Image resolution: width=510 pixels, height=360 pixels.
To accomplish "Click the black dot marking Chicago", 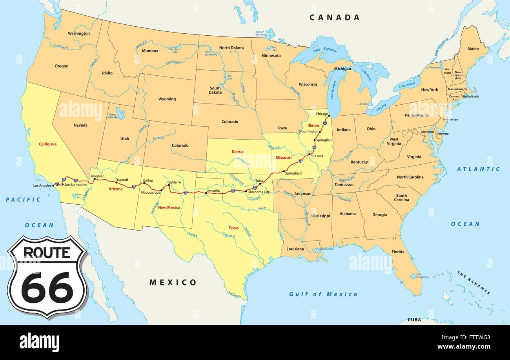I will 329,116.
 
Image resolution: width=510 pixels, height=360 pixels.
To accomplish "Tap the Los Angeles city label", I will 42,185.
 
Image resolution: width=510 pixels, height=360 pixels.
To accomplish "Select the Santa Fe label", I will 175,182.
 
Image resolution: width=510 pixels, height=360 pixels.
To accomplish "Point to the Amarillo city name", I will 213,191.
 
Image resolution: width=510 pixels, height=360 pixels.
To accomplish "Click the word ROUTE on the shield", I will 47,252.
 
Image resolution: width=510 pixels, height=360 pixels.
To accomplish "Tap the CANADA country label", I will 334,17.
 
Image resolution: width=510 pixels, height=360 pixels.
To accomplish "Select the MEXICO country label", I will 173,282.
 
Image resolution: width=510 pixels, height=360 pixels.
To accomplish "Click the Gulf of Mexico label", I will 323,294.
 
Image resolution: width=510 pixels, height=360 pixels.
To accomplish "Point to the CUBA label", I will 414,320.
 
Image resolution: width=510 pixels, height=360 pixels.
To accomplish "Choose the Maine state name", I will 473,49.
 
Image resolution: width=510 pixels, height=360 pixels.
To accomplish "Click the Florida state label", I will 398,252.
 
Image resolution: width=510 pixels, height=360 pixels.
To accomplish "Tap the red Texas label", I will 233,227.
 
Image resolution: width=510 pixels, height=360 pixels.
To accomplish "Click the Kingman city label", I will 98,176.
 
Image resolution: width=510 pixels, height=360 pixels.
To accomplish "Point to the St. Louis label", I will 317,156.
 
